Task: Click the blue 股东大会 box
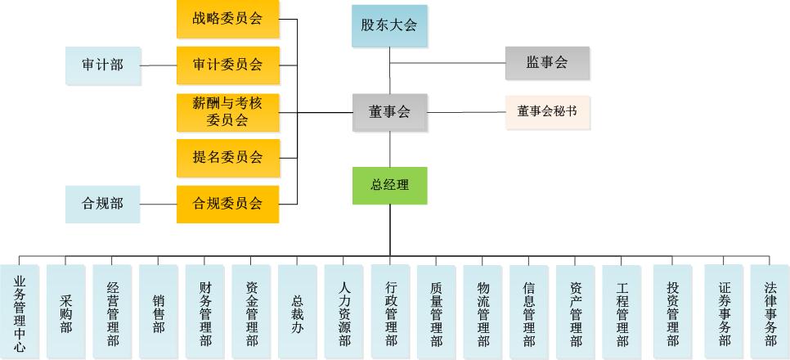(389, 25)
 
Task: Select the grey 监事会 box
(547, 63)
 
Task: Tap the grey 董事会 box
(389, 112)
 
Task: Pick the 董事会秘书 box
(547, 112)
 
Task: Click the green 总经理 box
(389, 185)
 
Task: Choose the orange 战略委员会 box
(227, 19)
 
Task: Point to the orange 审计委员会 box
(227, 65)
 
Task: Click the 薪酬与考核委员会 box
(227, 111)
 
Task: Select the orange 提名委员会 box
(227, 157)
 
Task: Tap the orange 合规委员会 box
(227, 204)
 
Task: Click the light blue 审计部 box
(102, 65)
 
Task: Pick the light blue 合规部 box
(102, 204)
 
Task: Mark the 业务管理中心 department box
(20, 312)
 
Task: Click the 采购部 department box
(66, 312)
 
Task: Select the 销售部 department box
(159, 312)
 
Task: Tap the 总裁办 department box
(298, 312)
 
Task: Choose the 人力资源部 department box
(344, 312)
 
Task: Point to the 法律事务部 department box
(770, 312)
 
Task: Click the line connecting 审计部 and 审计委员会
(159, 65)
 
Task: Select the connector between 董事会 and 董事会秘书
(466, 112)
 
